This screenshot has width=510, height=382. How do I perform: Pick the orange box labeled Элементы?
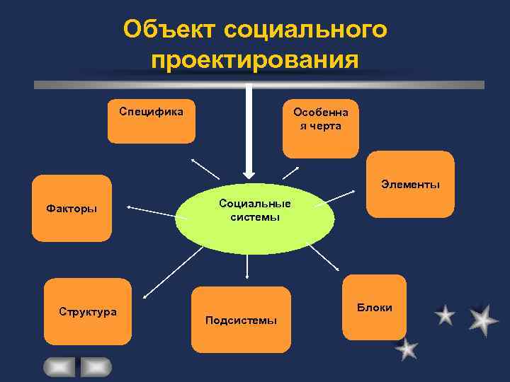(410, 184)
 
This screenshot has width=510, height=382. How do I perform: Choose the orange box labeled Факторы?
(72, 209)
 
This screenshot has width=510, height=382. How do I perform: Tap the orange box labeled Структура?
(88, 311)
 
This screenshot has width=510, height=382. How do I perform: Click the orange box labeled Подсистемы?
(241, 320)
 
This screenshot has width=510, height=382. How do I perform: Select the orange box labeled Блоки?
(374, 308)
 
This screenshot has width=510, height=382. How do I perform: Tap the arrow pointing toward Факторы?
(150, 209)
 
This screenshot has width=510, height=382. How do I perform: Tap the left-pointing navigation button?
(59, 366)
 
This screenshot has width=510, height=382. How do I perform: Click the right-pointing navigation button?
(95, 366)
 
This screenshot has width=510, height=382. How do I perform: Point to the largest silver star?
(483, 320)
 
